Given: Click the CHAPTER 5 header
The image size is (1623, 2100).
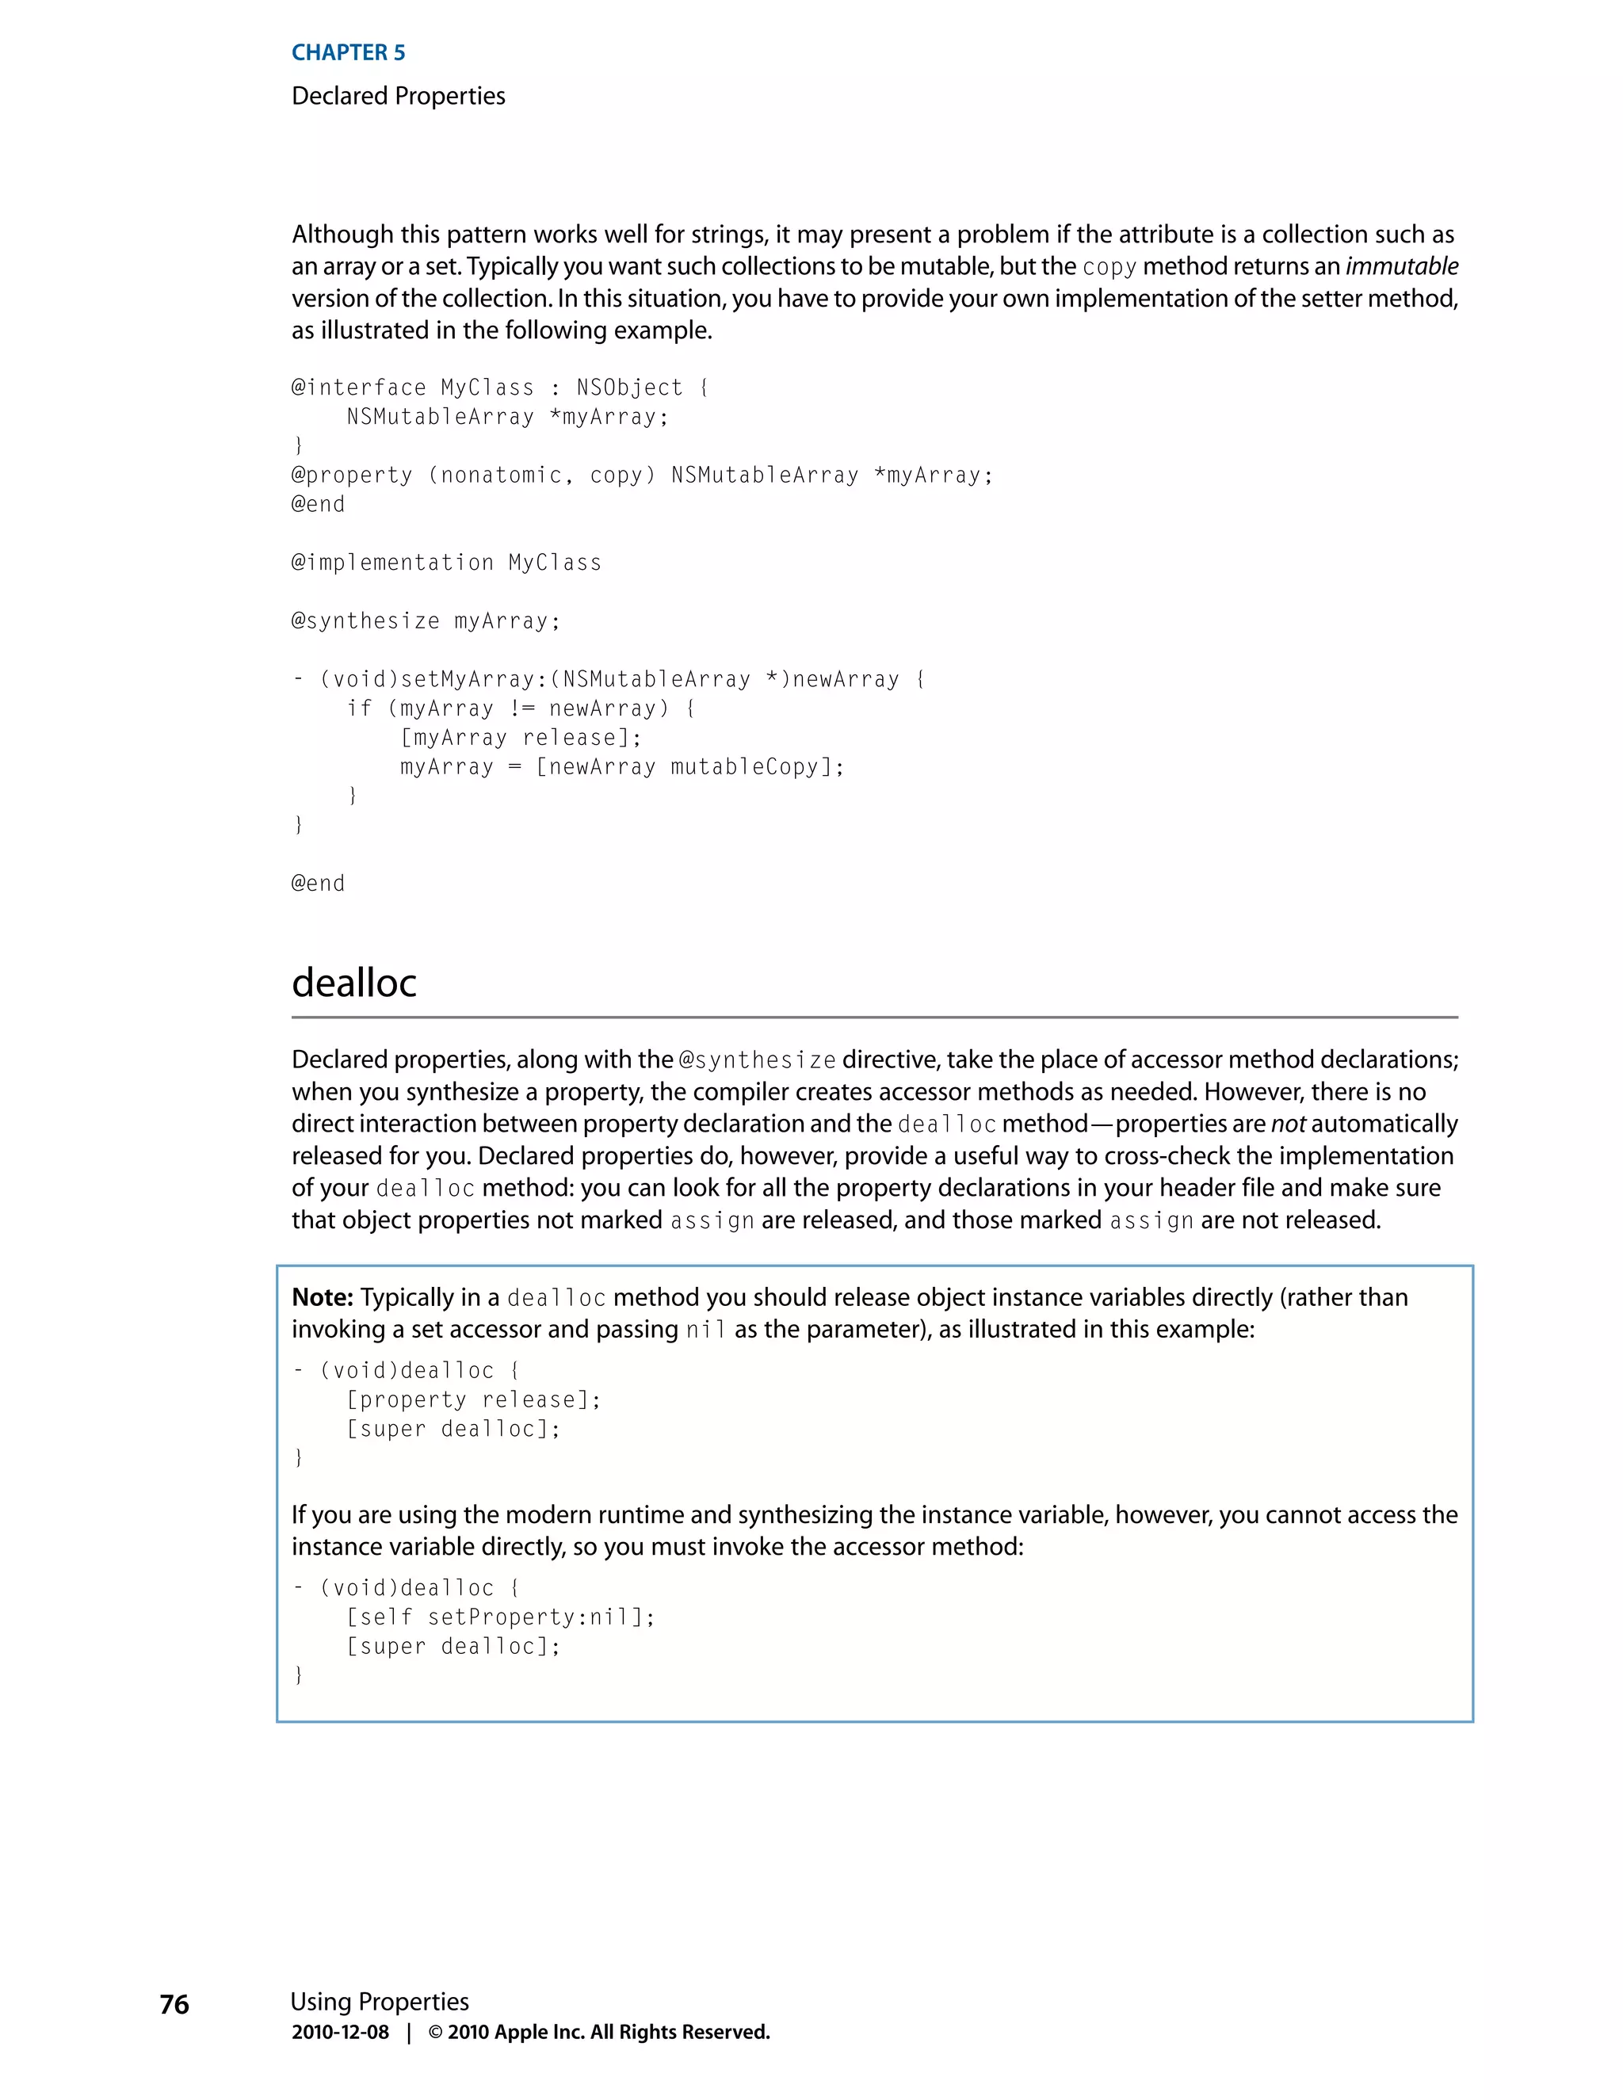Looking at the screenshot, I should coord(348,53).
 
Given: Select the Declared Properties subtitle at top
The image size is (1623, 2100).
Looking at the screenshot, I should coord(398,96).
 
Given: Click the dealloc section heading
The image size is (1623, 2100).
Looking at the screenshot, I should coord(353,983).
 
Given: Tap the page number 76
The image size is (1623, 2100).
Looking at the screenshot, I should coord(174,2004).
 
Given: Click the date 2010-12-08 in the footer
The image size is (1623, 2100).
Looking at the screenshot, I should coord(340,2032).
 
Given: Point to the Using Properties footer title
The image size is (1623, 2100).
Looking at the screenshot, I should coord(380,2001).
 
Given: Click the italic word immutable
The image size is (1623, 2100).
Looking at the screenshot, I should coord(1401,266).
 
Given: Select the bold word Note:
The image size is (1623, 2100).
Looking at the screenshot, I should coord(323,1297).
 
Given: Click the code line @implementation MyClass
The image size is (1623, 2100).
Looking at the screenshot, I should coord(446,563).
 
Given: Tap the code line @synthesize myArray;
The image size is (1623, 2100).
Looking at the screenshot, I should coord(425,621).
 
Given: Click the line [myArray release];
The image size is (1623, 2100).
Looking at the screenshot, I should coord(520,738).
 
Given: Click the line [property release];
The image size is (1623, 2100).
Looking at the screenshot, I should coord(473,1400).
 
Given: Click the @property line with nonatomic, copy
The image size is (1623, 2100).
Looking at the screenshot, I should coord(641,475).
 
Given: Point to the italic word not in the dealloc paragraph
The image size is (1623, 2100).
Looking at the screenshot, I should coord(1288,1124).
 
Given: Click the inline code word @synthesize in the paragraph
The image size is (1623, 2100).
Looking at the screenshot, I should coord(757,1060).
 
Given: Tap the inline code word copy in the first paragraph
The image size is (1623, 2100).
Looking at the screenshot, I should coord(1109,267).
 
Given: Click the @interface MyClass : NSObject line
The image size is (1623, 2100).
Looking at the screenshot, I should coord(500,388).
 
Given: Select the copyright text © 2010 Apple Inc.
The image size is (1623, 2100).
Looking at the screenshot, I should coord(598,2032).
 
